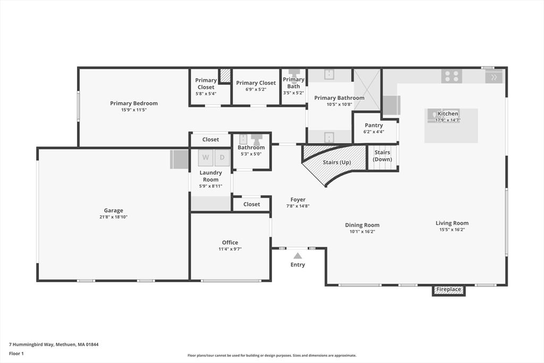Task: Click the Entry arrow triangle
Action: [x=297, y=256]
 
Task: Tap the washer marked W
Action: [x=206, y=157]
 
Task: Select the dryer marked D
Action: [x=222, y=157]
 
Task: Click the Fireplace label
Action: [x=448, y=289]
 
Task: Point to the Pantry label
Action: [x=373, y=125]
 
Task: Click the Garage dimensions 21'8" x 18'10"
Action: [x=114, y=217]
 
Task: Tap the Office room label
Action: [x=230, y=242]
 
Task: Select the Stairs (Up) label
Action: [x=337, y=163]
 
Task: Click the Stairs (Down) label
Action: [x=382, y=156]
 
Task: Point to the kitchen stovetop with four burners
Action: [x=452, y=77]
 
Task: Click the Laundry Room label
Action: [x=210, y=176]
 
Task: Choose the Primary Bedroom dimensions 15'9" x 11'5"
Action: [x=134, y=109]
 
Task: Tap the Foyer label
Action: [x=298, y=199]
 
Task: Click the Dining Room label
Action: [x=362, y=225]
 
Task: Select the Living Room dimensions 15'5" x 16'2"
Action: [x=452, y=230]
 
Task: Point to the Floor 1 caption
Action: [x=16, y=353]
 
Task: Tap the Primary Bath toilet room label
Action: [x=293, y=82]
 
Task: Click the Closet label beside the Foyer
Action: [x=251, y=205]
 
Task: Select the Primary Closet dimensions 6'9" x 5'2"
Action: [x=256, y=89]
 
